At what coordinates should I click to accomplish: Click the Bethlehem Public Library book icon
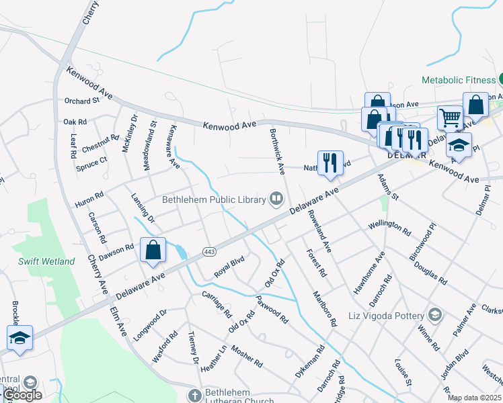coord(276,198)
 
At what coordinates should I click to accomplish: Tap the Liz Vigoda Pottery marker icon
coord(435,315)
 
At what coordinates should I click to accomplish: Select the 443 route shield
coord(208,251)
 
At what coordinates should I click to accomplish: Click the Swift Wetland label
coord(46,261)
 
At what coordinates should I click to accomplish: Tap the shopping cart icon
coord(450,118)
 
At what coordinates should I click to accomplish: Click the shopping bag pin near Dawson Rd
coord(153,250)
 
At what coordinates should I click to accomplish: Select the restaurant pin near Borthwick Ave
coord(330,163)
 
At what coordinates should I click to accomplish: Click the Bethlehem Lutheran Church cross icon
coord(195,394)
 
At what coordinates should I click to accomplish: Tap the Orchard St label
coord(82,101)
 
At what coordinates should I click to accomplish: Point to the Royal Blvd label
coord(229,267)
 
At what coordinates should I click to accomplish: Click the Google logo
coord(23,395)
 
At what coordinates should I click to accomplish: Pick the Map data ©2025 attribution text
coord(475,398)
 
